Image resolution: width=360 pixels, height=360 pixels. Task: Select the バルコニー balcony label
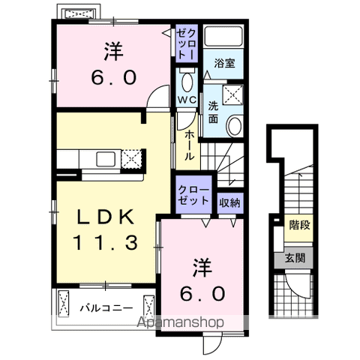106,307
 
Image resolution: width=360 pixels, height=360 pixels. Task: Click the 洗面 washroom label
213,112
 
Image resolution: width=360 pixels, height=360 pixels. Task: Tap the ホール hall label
187,145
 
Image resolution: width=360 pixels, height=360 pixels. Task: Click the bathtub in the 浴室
223,39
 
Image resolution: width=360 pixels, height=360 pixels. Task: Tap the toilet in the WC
187,81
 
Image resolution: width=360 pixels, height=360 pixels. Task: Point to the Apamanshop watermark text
179,322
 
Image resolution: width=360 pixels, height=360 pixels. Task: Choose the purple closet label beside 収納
193,196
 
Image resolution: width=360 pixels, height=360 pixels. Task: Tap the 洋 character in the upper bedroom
114,53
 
